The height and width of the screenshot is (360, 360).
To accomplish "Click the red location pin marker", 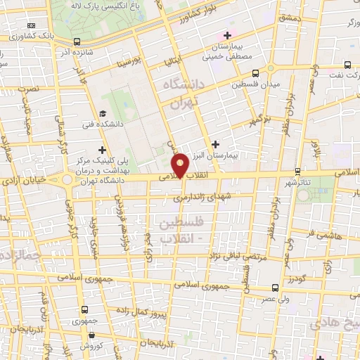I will (x=181, y=165).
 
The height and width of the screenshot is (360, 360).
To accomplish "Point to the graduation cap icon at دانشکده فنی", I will (x=103, y=114).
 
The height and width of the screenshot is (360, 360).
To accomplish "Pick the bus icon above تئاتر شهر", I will (x=298, y=171).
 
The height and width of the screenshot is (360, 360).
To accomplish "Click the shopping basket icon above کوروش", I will (x=85, y=335).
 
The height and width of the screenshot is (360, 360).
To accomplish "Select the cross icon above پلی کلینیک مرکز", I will (x=103, y=149).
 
